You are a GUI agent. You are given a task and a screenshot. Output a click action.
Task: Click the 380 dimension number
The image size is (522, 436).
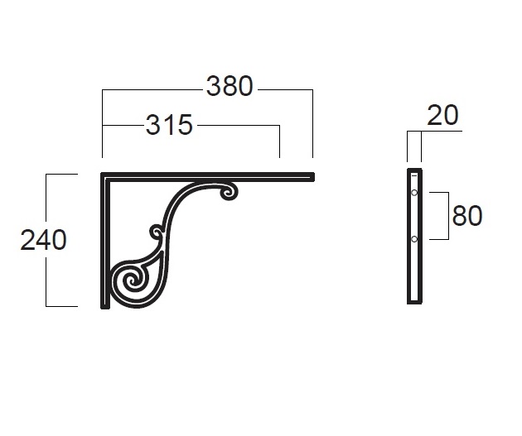(230, 86)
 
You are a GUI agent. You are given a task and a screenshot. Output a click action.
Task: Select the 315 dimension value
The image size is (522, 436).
(170, 125)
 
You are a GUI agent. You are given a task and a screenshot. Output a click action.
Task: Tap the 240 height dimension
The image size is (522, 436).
(43, 240)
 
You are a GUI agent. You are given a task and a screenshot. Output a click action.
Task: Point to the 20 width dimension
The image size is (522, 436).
(442, 115)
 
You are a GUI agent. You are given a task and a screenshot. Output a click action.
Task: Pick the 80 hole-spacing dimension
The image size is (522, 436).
(467, 216)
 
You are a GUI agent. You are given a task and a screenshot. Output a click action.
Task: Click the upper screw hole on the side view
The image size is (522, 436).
(414, 193)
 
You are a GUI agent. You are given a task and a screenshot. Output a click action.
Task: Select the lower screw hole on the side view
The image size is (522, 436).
(414, 239)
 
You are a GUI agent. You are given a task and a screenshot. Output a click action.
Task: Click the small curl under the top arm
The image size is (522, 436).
(230, 192)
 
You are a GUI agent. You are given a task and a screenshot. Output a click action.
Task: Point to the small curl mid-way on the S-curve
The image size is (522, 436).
(157, 232)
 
